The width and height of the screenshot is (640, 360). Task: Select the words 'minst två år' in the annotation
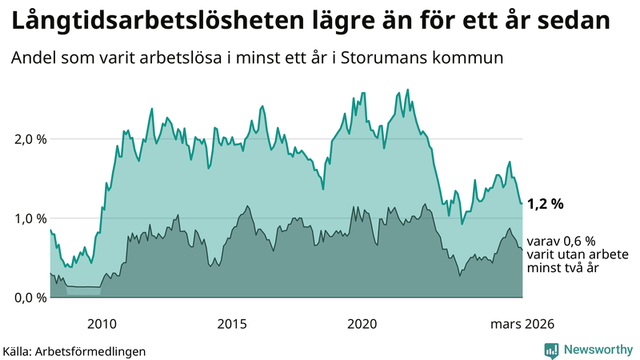pyautogui.click(x=565, y=269)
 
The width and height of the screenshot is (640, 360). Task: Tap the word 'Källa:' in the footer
pyautogui.click(x=21, y=350)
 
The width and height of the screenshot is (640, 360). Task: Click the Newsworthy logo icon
pyautogui.click(x=551, y=350)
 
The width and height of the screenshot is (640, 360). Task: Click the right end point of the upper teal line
pyautogui.click(x=522, y=203)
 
